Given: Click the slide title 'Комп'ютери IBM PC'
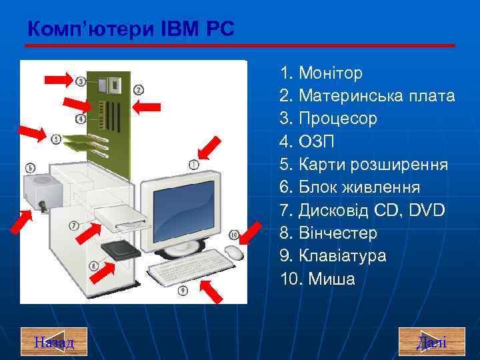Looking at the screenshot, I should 131,29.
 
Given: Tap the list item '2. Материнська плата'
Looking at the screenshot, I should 368,95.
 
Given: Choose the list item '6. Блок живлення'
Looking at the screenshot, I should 357,187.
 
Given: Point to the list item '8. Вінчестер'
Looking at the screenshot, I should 329,233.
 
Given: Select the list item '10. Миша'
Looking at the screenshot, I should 318,279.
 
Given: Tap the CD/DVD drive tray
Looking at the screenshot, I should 121,218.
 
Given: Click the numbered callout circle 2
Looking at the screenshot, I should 139,89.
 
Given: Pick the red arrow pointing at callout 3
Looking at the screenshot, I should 57,79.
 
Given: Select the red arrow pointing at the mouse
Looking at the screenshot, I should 252,233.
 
